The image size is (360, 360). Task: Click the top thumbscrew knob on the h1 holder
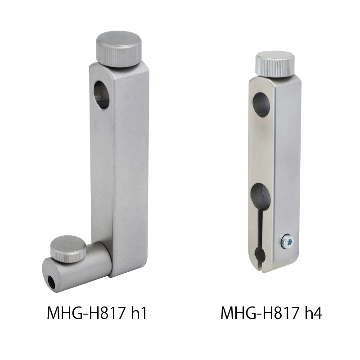pos(119,49)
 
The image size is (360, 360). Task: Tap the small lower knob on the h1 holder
pos(68,249)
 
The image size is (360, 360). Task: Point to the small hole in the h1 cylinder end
pos(51,283)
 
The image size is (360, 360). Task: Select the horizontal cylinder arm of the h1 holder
pos(77,267)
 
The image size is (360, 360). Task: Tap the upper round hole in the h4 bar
pos(262,105)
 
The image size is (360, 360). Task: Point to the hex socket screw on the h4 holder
pos(288,241)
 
